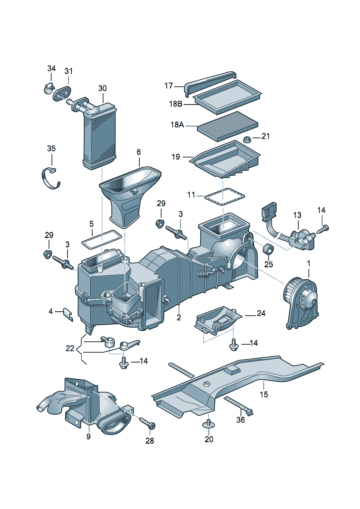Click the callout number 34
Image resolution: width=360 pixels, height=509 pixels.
(x=52, y=68)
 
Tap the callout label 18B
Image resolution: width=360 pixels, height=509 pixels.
(x=176, y=104)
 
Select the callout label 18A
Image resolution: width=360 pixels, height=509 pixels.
(x=177, y=125)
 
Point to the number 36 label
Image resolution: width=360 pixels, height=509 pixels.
(x=241, y=420)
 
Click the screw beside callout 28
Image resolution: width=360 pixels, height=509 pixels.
(x=147, y=423)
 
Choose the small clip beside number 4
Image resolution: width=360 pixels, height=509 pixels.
(x=69, y=314)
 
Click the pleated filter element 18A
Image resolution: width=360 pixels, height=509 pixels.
(x=228, y=126)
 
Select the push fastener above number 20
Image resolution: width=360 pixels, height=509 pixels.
(x=209, y=424)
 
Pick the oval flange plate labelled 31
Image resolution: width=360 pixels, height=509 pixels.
(x=63, y=92)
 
